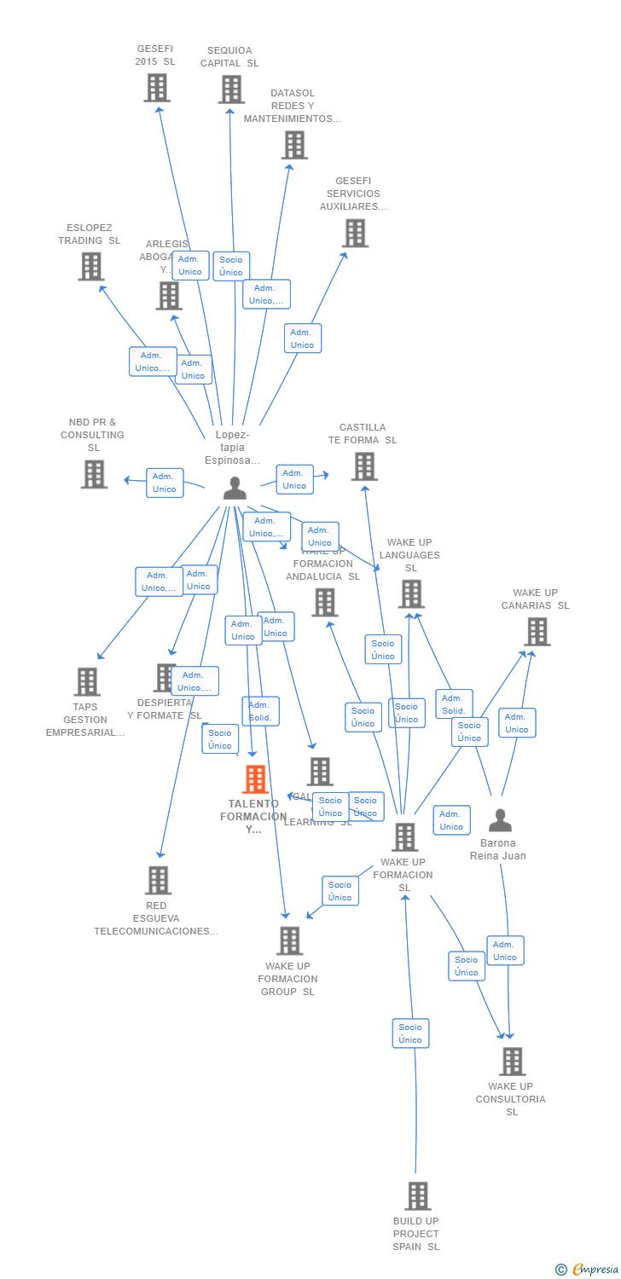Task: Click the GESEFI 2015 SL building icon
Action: click(x=157, y=88)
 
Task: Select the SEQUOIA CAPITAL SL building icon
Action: click(x=231, y=90)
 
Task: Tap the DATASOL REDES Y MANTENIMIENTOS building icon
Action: click(x=294, y=145)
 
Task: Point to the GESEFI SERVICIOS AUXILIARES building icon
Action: click(x=355, y=233)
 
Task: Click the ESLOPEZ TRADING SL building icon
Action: click(x=91, y=267)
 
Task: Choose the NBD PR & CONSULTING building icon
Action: click(x=94, y=474)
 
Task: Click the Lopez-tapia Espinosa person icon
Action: click(x=235, y=488)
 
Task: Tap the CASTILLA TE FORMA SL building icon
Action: click(x=364, y=466)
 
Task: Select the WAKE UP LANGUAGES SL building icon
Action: click(x=411, y=594)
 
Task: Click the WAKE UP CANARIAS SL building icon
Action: click(x=537, y=632)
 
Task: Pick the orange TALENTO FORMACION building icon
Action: click(x=255, y=779)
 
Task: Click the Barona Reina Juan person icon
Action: click(x=500, y=820)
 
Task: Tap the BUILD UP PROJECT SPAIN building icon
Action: click(x=417, y=1196)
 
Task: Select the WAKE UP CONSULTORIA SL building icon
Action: click(x=512, y=1062)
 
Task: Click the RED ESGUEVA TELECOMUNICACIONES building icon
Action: click(x=158, y=880)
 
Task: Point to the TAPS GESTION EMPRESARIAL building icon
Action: click(x=87, y=681)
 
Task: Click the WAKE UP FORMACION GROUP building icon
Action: click(x=290, y=940)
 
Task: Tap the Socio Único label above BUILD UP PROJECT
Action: click(x=410, y=1033)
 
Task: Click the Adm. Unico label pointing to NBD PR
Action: click(x=165, y=483)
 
